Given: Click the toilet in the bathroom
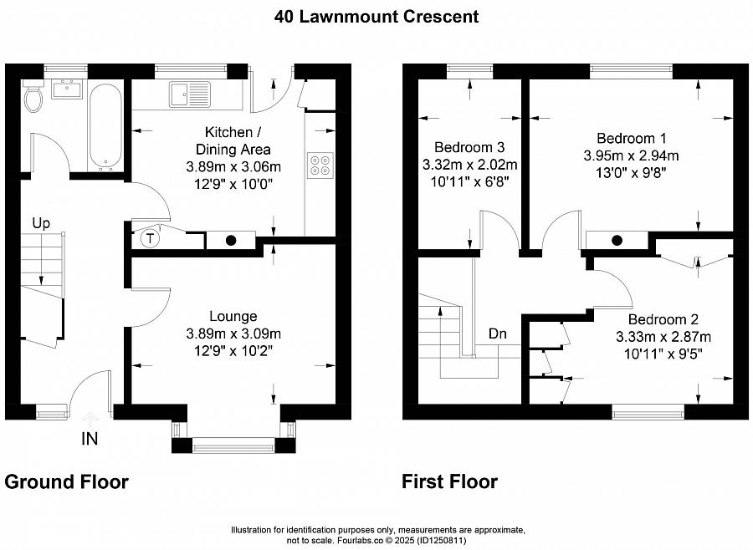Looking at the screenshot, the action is point(33,95).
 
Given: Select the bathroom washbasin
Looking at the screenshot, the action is point(67,89).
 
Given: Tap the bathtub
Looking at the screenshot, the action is point(105,127).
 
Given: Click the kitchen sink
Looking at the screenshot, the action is point(190,94).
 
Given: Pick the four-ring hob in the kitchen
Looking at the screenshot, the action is point(320,166).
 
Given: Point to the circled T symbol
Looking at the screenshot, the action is point(151,238).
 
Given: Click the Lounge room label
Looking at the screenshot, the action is point(233,316).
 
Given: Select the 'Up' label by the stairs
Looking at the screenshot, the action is point(41,224).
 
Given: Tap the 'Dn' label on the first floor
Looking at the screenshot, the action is point(498,334).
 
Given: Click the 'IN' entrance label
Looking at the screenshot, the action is point(90,439).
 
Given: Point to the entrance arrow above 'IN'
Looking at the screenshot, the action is point(90,419).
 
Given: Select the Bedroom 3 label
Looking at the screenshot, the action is point(469,147).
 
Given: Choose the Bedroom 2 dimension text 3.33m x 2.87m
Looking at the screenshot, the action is point(663,337).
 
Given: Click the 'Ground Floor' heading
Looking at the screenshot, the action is point(67,481).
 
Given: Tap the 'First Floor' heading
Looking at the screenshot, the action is point(449,481).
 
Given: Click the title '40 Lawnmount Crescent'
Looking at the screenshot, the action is point(376,17).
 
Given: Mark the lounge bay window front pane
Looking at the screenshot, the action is point(234,446).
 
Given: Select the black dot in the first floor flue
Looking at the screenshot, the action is point(617,240).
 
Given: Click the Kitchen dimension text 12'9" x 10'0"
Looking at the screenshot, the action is point(233,184).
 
